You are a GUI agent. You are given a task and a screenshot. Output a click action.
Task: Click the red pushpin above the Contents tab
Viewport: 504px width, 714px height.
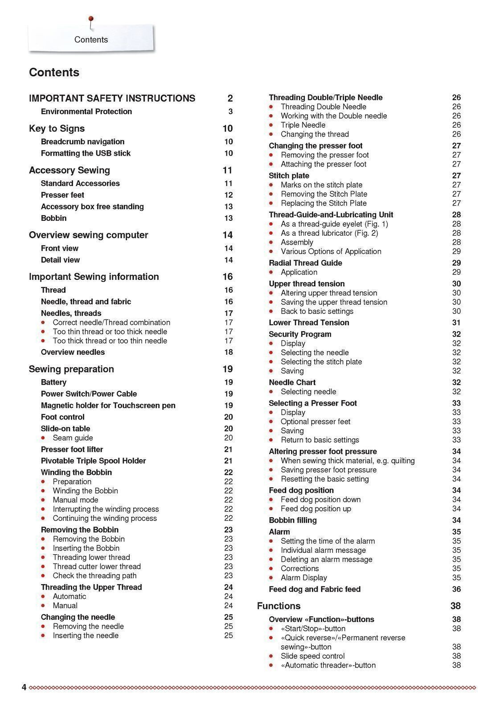91,19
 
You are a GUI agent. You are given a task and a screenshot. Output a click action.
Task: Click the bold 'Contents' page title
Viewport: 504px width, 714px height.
54,72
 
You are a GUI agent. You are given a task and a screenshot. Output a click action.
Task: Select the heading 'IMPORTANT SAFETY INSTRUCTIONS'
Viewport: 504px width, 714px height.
112,98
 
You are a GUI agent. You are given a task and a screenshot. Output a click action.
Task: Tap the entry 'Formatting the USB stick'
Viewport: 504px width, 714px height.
86,153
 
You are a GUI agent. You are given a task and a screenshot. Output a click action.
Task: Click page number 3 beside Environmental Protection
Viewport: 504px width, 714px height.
230,112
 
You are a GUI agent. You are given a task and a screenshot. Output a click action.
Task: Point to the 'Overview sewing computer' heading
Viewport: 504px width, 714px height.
88,235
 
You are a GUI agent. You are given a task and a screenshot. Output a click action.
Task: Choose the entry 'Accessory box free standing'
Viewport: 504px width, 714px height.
92,207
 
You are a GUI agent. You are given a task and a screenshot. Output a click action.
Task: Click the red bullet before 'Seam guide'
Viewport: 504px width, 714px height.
43,438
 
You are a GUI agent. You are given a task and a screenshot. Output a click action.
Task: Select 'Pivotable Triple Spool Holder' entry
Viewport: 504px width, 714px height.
93,461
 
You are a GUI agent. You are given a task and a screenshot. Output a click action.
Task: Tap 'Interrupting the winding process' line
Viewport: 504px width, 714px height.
106,509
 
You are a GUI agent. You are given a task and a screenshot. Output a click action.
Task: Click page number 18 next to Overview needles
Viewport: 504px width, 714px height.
228,352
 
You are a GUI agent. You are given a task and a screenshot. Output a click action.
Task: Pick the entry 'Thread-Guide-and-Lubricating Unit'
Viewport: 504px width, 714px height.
331,215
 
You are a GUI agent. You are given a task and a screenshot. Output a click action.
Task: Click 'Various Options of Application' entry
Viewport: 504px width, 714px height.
331,251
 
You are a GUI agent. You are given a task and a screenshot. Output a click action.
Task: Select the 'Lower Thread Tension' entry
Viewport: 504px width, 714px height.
309,323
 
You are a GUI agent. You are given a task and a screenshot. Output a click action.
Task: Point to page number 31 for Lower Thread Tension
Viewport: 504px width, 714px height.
456,323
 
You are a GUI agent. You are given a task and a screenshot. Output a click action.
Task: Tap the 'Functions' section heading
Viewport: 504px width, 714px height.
279,606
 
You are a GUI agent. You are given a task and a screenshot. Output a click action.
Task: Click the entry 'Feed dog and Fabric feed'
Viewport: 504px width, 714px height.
315,589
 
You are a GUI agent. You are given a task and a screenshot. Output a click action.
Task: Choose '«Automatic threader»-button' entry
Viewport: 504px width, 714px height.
328,665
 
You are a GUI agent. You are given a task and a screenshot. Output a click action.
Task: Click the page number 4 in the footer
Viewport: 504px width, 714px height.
24,687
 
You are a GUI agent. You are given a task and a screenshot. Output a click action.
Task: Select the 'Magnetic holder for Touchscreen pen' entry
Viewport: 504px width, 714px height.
108,405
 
